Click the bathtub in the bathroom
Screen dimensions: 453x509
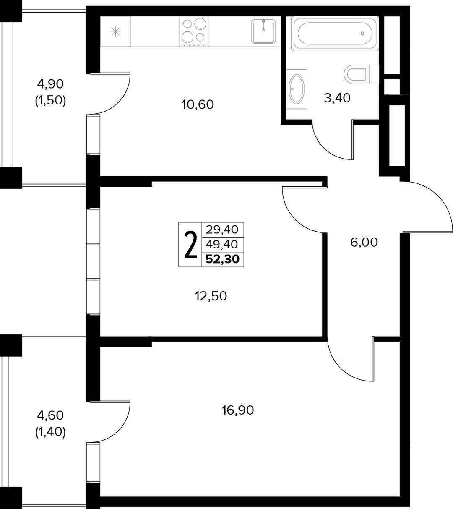coord(335,34)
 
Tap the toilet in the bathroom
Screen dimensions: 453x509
coord(361,74)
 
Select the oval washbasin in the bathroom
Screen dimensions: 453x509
coord(297,89)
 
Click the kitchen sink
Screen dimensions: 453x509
coord(263,31)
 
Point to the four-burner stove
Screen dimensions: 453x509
coord(194,31)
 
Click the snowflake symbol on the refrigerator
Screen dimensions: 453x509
coord(115,31)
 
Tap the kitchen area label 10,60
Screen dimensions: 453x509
coord(198,104)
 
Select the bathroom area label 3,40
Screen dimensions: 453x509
coord(337,98)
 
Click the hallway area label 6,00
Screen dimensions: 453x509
coord(364,243)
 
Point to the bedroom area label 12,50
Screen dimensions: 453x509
coord(211,296)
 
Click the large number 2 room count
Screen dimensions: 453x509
coord(190,245)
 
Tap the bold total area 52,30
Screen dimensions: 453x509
coord(222,259)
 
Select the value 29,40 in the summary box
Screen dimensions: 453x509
coord(222,230)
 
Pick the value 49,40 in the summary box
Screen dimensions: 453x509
coord(222,244)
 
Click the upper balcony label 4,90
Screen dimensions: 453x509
coord(50,84)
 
